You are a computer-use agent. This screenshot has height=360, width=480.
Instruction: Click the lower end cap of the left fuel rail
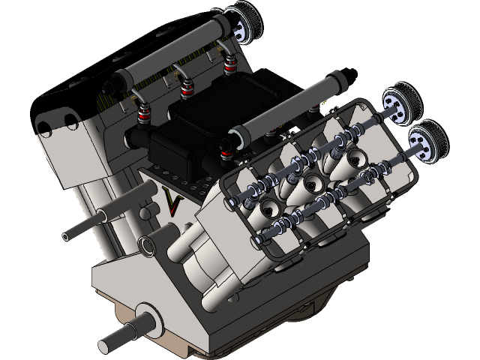(122, 77)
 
